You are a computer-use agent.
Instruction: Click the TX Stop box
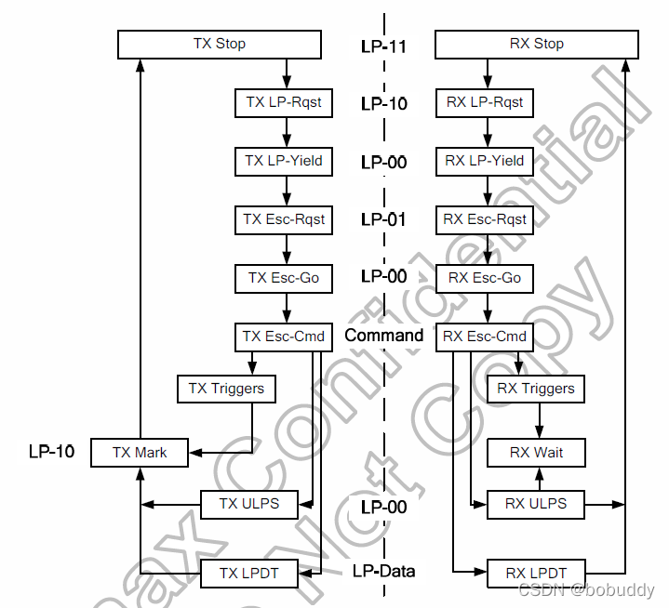point(220,44)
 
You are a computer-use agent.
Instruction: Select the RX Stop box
point(536,44)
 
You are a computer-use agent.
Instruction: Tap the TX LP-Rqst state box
point(283,102)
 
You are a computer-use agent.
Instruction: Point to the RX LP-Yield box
point(484,161)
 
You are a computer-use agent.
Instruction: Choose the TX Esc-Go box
point(283,278)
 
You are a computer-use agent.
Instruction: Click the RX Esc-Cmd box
point(484,337)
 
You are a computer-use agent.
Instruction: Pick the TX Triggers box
point(226,389)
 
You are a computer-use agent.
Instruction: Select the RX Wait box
point(536,453)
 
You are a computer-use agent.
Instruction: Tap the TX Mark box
point(140,453)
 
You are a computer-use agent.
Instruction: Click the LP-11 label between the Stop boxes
point(383,45)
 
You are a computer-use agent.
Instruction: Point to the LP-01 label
point(383,219)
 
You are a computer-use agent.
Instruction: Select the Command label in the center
point(383,336)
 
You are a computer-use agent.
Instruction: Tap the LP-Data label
point(383,572)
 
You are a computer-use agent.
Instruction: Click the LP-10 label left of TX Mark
point(51,453)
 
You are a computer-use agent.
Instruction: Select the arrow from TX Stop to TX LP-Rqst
point(287,73)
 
